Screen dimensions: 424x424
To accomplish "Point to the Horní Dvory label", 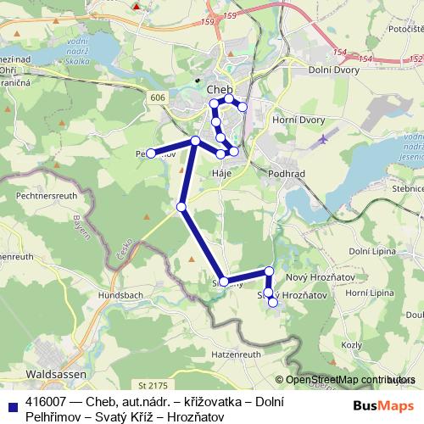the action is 298,120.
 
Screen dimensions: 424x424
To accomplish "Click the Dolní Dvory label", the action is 336,72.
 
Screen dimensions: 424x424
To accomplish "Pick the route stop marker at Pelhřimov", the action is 151,153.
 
